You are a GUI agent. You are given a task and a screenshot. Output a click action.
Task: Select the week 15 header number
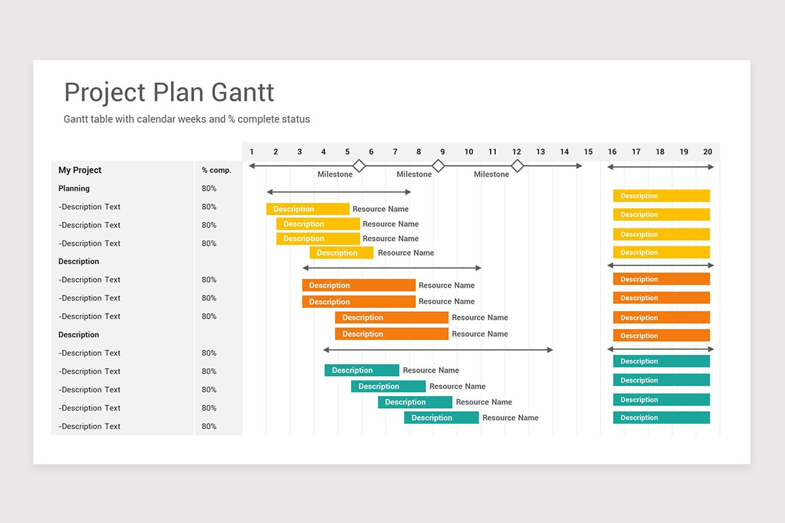[588, 152]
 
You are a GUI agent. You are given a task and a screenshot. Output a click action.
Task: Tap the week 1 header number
[252, 152]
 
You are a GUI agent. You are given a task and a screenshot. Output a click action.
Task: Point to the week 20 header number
[708, 152]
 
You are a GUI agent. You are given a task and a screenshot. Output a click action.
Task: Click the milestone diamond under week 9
[438, 166]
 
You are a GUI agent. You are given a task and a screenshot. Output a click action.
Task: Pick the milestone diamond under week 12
[517, 166]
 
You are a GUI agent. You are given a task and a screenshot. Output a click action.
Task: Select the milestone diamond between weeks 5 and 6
[358, 166]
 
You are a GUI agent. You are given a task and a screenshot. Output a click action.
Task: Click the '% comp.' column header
[217, 170]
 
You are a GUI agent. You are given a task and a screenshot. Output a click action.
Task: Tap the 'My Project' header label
[80, 170]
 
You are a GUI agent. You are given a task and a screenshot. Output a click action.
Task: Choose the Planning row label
[74, 188]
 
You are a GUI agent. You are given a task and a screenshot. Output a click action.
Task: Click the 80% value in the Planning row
[209, 188]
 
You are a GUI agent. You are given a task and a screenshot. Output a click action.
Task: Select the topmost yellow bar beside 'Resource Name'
[307, 209]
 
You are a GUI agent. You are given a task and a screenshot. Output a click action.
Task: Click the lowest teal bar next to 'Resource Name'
[441, 418]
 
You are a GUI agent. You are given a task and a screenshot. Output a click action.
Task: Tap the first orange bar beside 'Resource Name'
[358, 285]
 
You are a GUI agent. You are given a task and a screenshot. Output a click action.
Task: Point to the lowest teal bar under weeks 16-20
[661, 418]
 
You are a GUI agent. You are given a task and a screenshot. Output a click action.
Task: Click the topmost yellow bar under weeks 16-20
[661, 195]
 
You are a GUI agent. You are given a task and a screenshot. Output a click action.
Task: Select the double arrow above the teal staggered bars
[438, 350]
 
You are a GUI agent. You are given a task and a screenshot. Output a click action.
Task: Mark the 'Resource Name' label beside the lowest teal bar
[510, 418]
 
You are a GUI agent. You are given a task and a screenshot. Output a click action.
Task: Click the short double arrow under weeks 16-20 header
[661, 167]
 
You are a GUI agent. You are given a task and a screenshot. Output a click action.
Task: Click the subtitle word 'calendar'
[156, 119]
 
